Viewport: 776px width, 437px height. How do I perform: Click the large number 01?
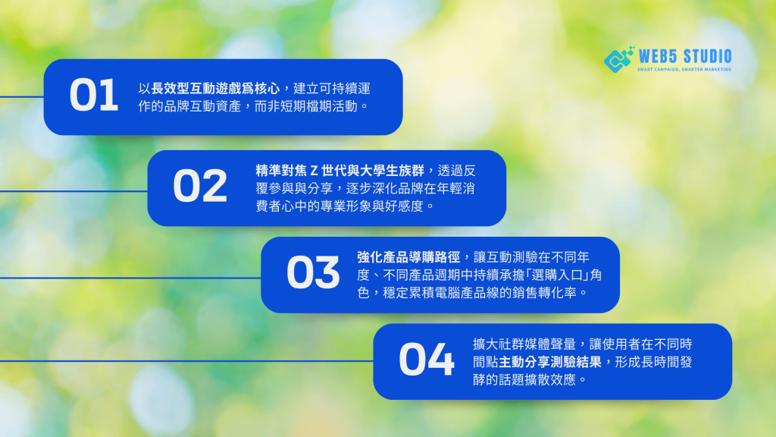(94, 95)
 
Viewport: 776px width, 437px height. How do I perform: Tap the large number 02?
(200, 186)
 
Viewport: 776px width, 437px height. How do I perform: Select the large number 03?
(313, 272)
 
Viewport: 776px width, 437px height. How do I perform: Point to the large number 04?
(426, 359)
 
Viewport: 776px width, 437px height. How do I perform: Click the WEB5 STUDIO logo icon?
(618, 59)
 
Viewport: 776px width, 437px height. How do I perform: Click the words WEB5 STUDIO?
(685, 56)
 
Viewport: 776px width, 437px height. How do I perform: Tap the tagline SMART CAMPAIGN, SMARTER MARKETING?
(684, 69)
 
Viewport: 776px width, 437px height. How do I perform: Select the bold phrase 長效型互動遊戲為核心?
(215, 89)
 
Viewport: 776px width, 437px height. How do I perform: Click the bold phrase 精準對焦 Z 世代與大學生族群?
(339, 171)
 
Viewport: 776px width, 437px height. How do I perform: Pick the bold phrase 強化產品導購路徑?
(408, 257)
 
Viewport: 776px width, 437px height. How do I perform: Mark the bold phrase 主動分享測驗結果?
(550, 362)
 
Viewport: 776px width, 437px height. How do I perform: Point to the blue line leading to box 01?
(22, 97)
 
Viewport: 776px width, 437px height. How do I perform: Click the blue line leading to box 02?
(74, 190)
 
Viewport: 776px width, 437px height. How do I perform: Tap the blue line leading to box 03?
(130, 278)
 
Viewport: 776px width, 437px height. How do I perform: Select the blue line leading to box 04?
(186, 361)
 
